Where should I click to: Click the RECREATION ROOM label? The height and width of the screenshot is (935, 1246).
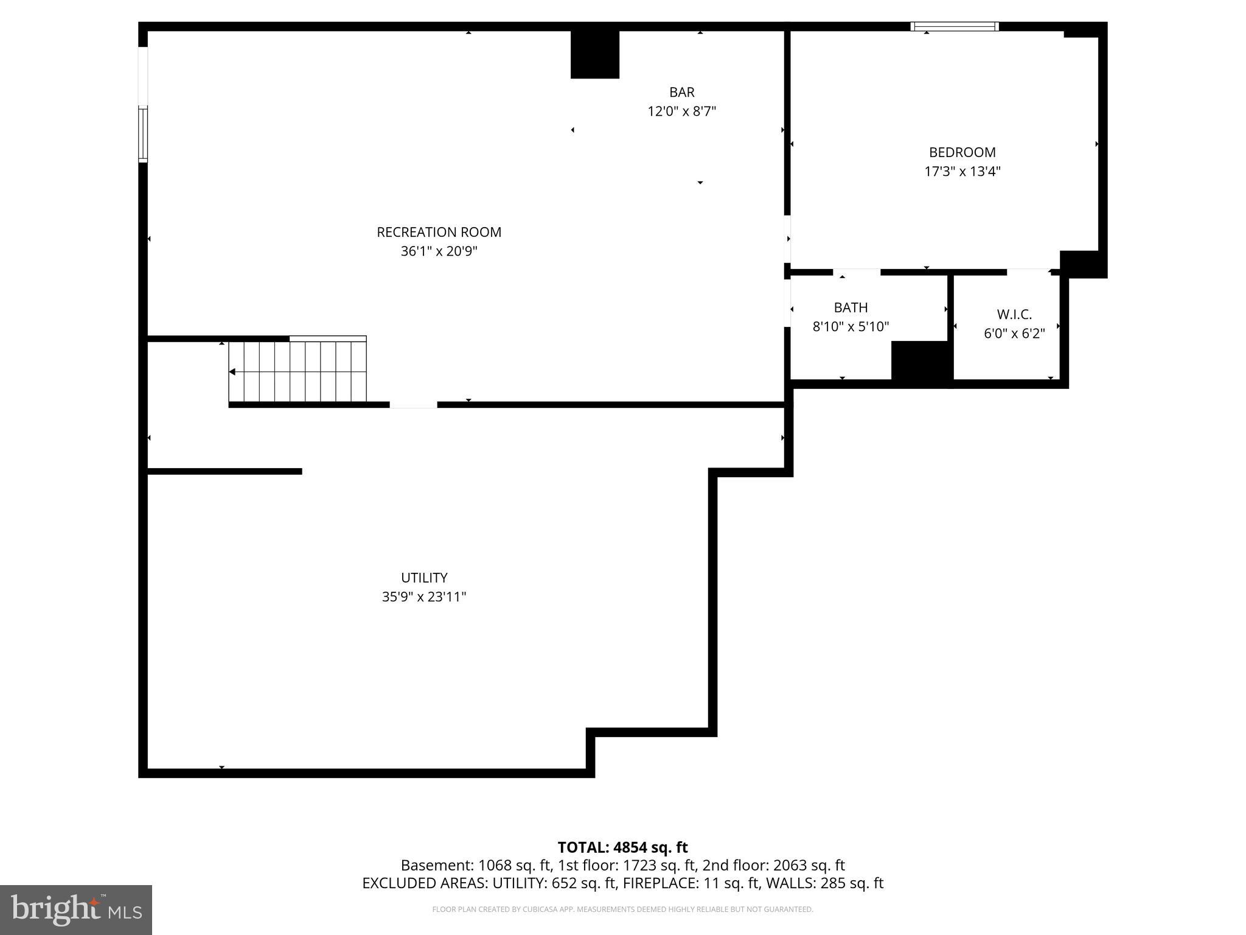439,232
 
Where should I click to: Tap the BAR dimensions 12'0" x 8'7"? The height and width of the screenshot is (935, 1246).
681,111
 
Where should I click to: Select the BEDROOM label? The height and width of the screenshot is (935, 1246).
962,152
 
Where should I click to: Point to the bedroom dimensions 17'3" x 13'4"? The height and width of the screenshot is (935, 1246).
962,172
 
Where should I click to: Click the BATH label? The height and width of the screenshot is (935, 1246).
851,307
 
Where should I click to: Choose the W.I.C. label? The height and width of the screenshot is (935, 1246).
1014,315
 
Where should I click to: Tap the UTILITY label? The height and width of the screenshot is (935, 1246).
424,578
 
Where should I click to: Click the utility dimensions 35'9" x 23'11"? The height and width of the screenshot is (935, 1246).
424,597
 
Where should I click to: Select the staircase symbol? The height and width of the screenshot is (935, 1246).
298,371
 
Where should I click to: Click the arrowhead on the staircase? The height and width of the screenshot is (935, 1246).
232,372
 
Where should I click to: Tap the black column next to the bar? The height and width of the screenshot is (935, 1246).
594,55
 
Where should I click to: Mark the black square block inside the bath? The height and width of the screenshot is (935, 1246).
920,360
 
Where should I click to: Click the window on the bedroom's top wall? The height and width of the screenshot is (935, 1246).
954,26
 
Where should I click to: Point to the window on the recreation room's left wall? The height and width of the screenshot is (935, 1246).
143,134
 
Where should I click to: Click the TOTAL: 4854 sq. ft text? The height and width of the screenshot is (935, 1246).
622,847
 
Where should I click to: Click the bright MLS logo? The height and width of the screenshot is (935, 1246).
76,909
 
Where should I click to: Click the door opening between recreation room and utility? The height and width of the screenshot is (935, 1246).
413,405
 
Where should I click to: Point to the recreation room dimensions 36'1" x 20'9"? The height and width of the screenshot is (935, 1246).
439,251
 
